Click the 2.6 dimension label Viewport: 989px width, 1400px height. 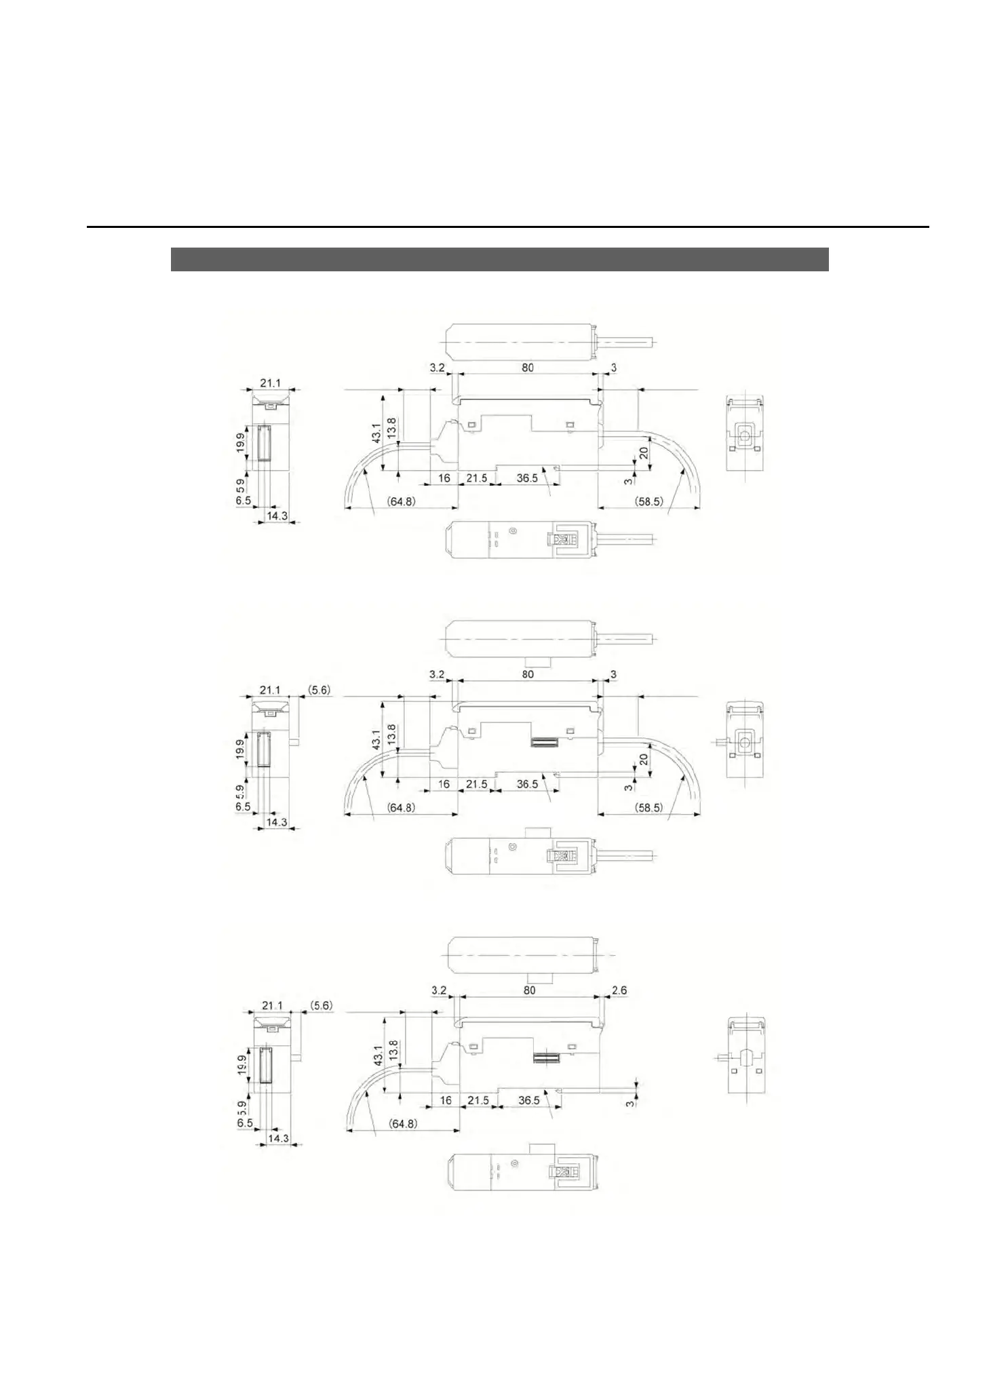click(x=619, y=990)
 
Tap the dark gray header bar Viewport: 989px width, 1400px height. click(x=499, y=260)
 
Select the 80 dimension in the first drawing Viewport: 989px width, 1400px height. click(x=527, y=368)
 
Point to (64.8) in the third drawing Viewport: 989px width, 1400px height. click(x=402, y=1124)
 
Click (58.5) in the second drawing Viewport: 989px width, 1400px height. click(x=648, y=808)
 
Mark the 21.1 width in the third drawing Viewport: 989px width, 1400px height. click(x=271, y=1005)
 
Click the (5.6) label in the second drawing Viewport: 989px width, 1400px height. click(x=319, y=689)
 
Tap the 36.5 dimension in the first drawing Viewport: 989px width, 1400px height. click(x=527, y=478)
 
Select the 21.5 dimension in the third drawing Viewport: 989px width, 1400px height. click(x=478, y=1100)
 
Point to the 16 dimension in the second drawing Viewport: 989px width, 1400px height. click(x=444, y=784)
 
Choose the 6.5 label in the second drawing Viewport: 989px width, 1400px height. click(x=243, y=807)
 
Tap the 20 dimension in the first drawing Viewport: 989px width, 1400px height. click(x=644, y=453)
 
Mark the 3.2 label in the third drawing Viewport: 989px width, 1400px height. click(x=439, y=990)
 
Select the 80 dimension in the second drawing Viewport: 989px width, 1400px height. click(x=527, y=674)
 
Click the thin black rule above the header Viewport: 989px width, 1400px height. click(x=507, y=227)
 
